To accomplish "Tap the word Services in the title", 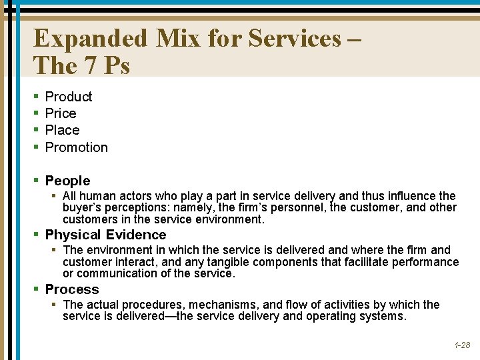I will pyautogui.click(x=294, y=39).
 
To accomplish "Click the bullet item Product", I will pyautogui.click(x=69, y=97).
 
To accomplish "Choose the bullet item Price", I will pyautogui.click(x=61, y=113).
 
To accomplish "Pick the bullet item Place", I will pyautogui.click(x=62, y=130).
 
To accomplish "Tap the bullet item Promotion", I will pyautogui.click(x=76, y=147).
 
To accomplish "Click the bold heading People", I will pyautogui.click(x=67, y=181).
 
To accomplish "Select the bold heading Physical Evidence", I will pyautogui.click(x=105, y=235).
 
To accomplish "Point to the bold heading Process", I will pyautogui.click(x=71, y=289).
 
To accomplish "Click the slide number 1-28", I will pyautogui.click(x=462, y=345).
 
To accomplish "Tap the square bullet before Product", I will pyautogui.click(x=37, y=97).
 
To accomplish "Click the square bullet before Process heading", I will pyautogui.click(x=37, y=290).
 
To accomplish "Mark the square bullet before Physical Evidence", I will pyautogui.click(x=37, y=235).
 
